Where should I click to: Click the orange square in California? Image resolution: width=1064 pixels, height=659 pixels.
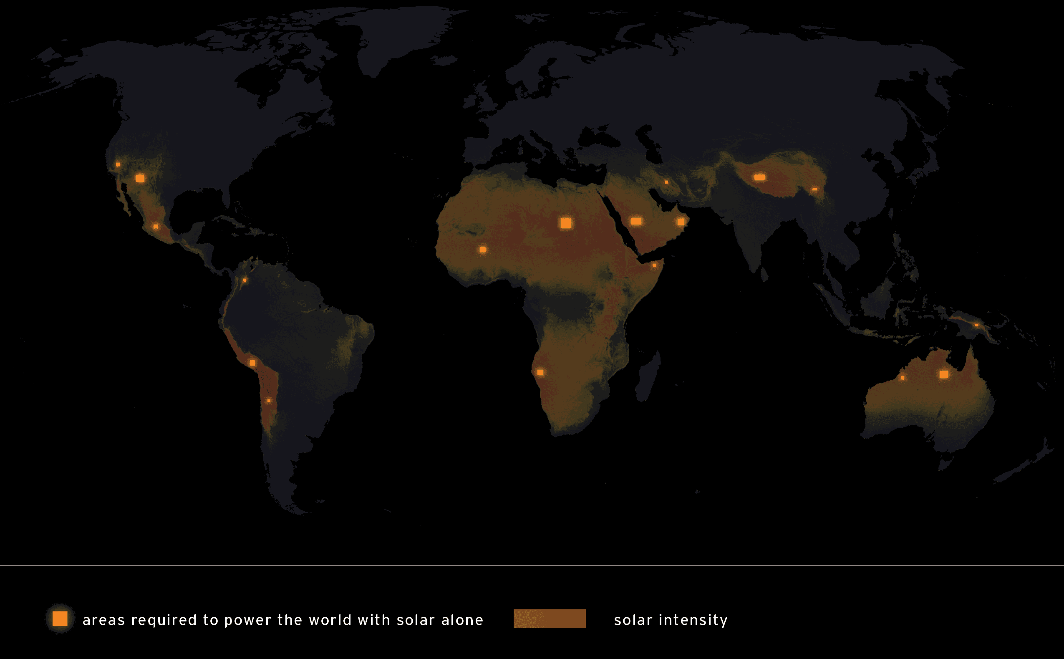click(118, 164)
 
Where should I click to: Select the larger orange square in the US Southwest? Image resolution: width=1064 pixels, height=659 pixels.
click(140, 178)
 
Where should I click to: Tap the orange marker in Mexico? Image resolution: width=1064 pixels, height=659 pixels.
click(156, 227)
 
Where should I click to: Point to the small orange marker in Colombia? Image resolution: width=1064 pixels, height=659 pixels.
click(245, 280)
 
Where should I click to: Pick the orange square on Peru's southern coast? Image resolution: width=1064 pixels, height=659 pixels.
click(252, 363)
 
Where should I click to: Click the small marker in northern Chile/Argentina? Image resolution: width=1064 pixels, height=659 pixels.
click(269, 401)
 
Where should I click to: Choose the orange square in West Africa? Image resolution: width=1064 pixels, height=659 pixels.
click(482, 250)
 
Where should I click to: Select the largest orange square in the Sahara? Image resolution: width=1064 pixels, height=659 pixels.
click(565, 223)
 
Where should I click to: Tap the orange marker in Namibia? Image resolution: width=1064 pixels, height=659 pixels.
click(540, 372)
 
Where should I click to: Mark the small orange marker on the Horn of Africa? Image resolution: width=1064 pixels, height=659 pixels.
click(654, 265)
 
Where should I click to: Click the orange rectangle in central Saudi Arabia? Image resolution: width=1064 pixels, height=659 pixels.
click(636, 222)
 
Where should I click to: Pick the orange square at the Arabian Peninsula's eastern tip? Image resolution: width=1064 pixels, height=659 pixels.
click(681, 222)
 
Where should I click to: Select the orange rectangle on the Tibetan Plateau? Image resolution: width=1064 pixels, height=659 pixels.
click(759, 177)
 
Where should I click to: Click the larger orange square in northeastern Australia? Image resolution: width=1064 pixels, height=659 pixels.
click(944, 374)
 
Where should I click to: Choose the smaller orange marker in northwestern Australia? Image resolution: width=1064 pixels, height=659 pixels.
click(903, 378)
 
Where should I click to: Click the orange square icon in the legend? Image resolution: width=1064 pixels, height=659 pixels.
click(60, 619)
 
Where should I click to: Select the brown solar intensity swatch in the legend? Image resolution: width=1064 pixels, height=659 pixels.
click(550, 619)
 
